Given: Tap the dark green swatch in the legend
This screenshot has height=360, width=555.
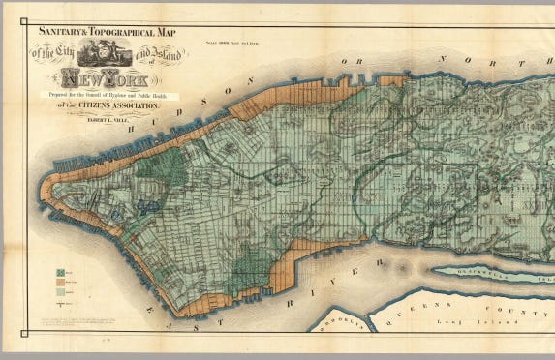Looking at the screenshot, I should (61, 273).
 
